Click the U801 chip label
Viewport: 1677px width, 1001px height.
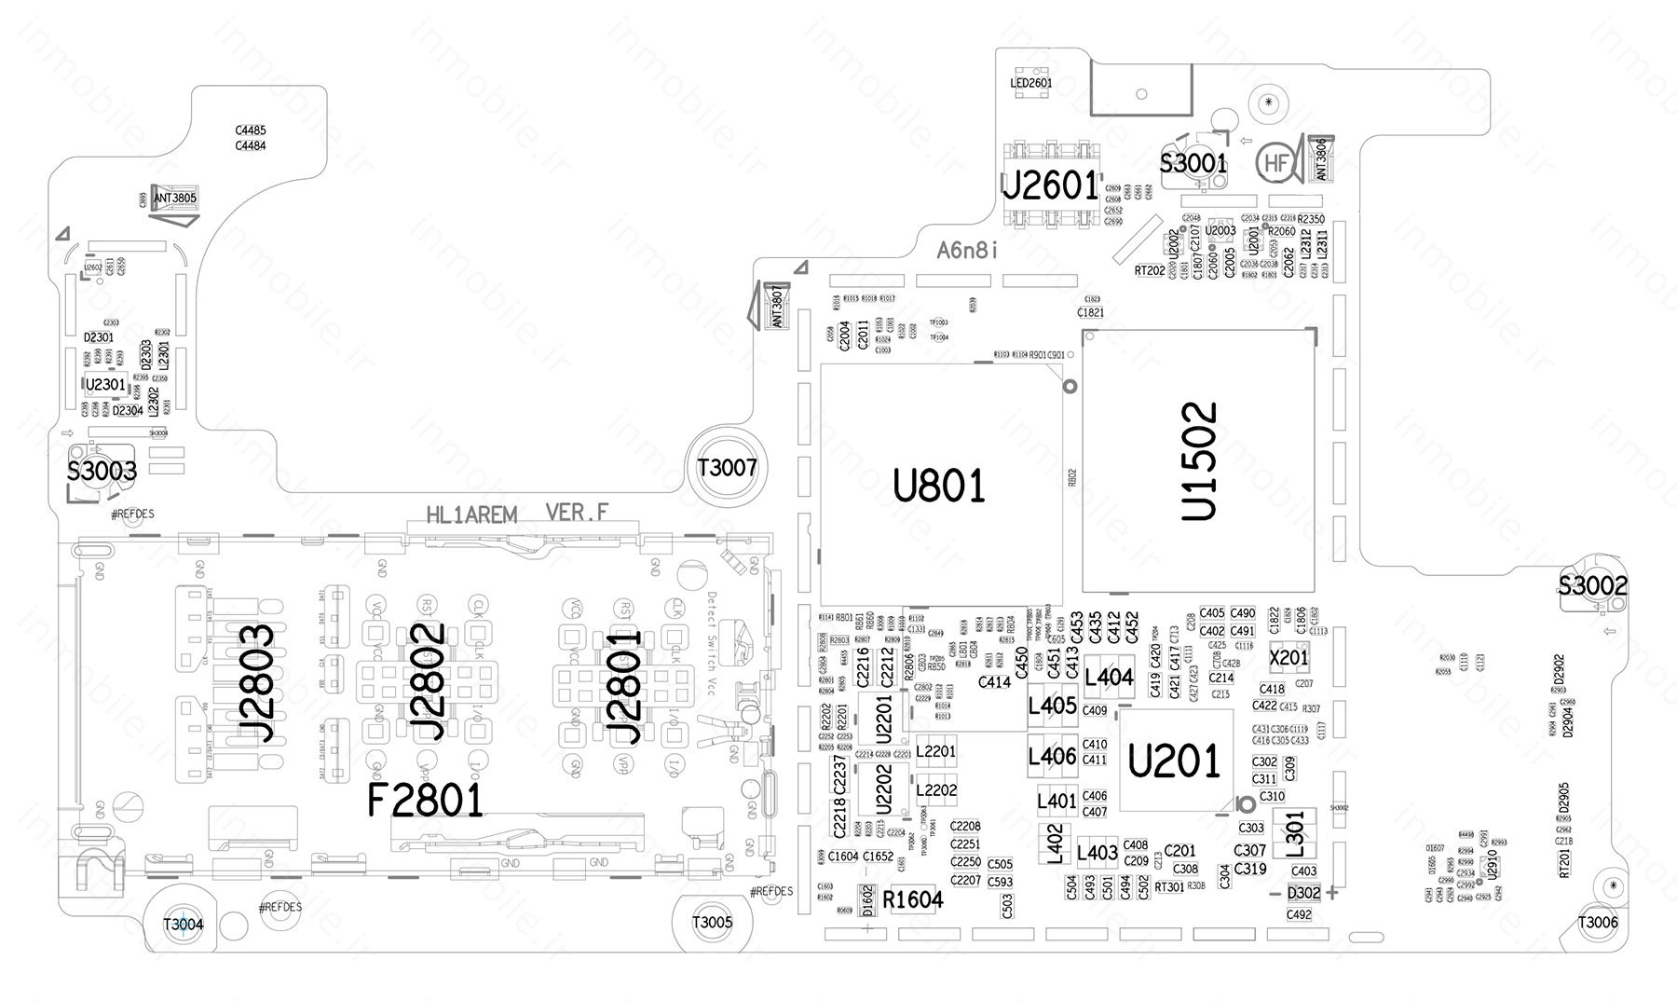click(x=938, y=487)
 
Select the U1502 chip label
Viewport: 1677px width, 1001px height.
click(x=1198, y=460)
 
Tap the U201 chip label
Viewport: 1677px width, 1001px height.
click(x=1173, y=761)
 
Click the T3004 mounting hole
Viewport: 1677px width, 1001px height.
click(x=183, y=924)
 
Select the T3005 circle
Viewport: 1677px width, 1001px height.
click(x=712, y=923)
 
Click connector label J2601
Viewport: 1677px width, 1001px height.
click(x=1049, y=186)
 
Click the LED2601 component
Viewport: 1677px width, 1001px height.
click(x=1030, y=83)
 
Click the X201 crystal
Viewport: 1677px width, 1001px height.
click(x=1289, y=658)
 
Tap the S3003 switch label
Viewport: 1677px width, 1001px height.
click(x=102, y=471)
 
